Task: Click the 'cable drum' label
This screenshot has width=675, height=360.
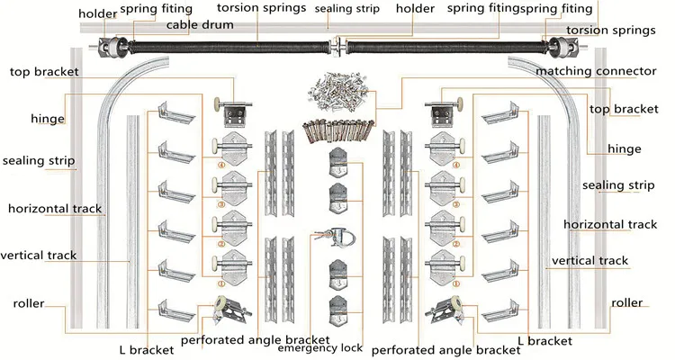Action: (x=197, y=25)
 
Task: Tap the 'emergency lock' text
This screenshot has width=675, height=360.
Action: (x=320, y=347)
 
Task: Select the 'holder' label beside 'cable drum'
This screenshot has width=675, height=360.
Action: (x=98, y=13)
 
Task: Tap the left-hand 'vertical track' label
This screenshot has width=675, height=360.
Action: (x=39, y=255)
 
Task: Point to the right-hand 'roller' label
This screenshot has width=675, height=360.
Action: (x=626, y=303)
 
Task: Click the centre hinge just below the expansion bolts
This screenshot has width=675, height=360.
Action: (x=337, y=162)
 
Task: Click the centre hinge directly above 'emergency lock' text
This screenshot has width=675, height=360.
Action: (x=337, y=308)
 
